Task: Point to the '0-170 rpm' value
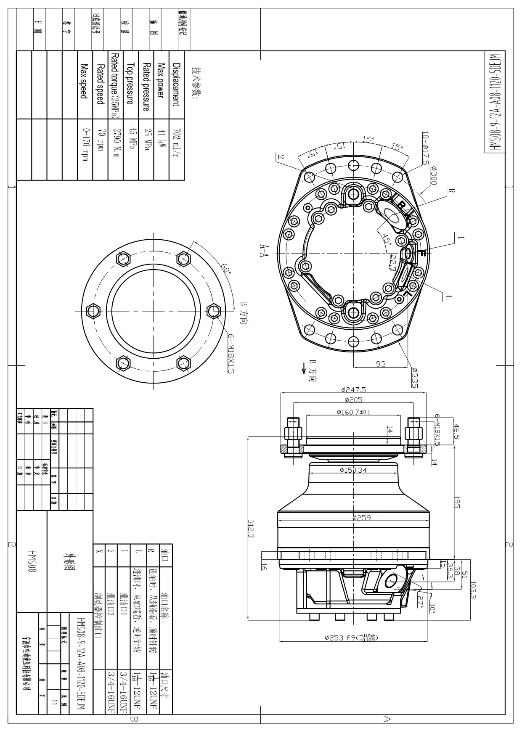coord(85,144)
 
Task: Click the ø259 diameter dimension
coord(361,517)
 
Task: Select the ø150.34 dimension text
coord(353,470)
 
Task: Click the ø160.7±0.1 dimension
coord(353,412)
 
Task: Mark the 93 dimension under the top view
coord(380,364)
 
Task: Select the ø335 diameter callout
coord(414,375)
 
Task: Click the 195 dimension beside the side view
coord(457,503)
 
